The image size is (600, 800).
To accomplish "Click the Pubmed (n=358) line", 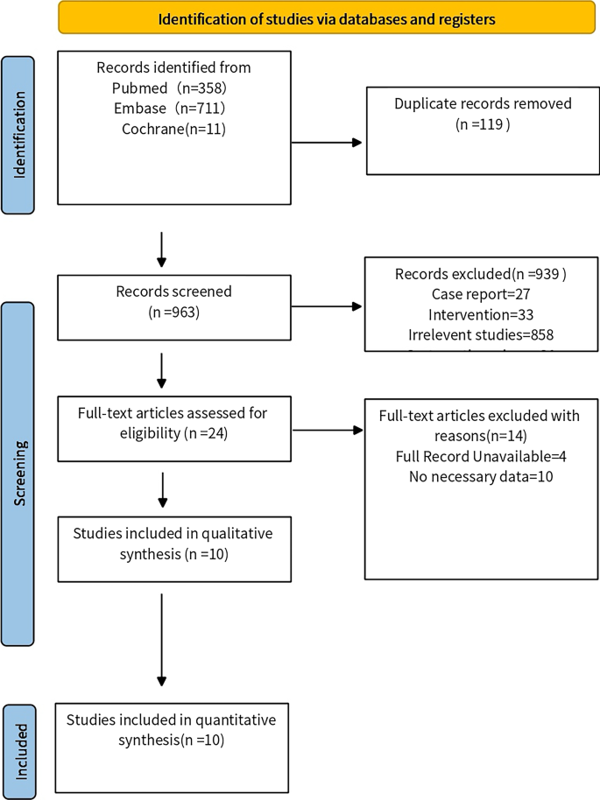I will coord(173,88).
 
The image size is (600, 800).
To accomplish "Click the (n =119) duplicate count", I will coord(483,124).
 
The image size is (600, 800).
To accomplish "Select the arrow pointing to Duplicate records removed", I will coord(326,143).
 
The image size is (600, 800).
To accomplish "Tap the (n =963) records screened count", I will coord(173,312).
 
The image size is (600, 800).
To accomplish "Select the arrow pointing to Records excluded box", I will coord(326,306).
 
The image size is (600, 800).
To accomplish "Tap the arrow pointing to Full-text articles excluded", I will coord(326,430).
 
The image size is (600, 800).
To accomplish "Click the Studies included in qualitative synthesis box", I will coord(173,549).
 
